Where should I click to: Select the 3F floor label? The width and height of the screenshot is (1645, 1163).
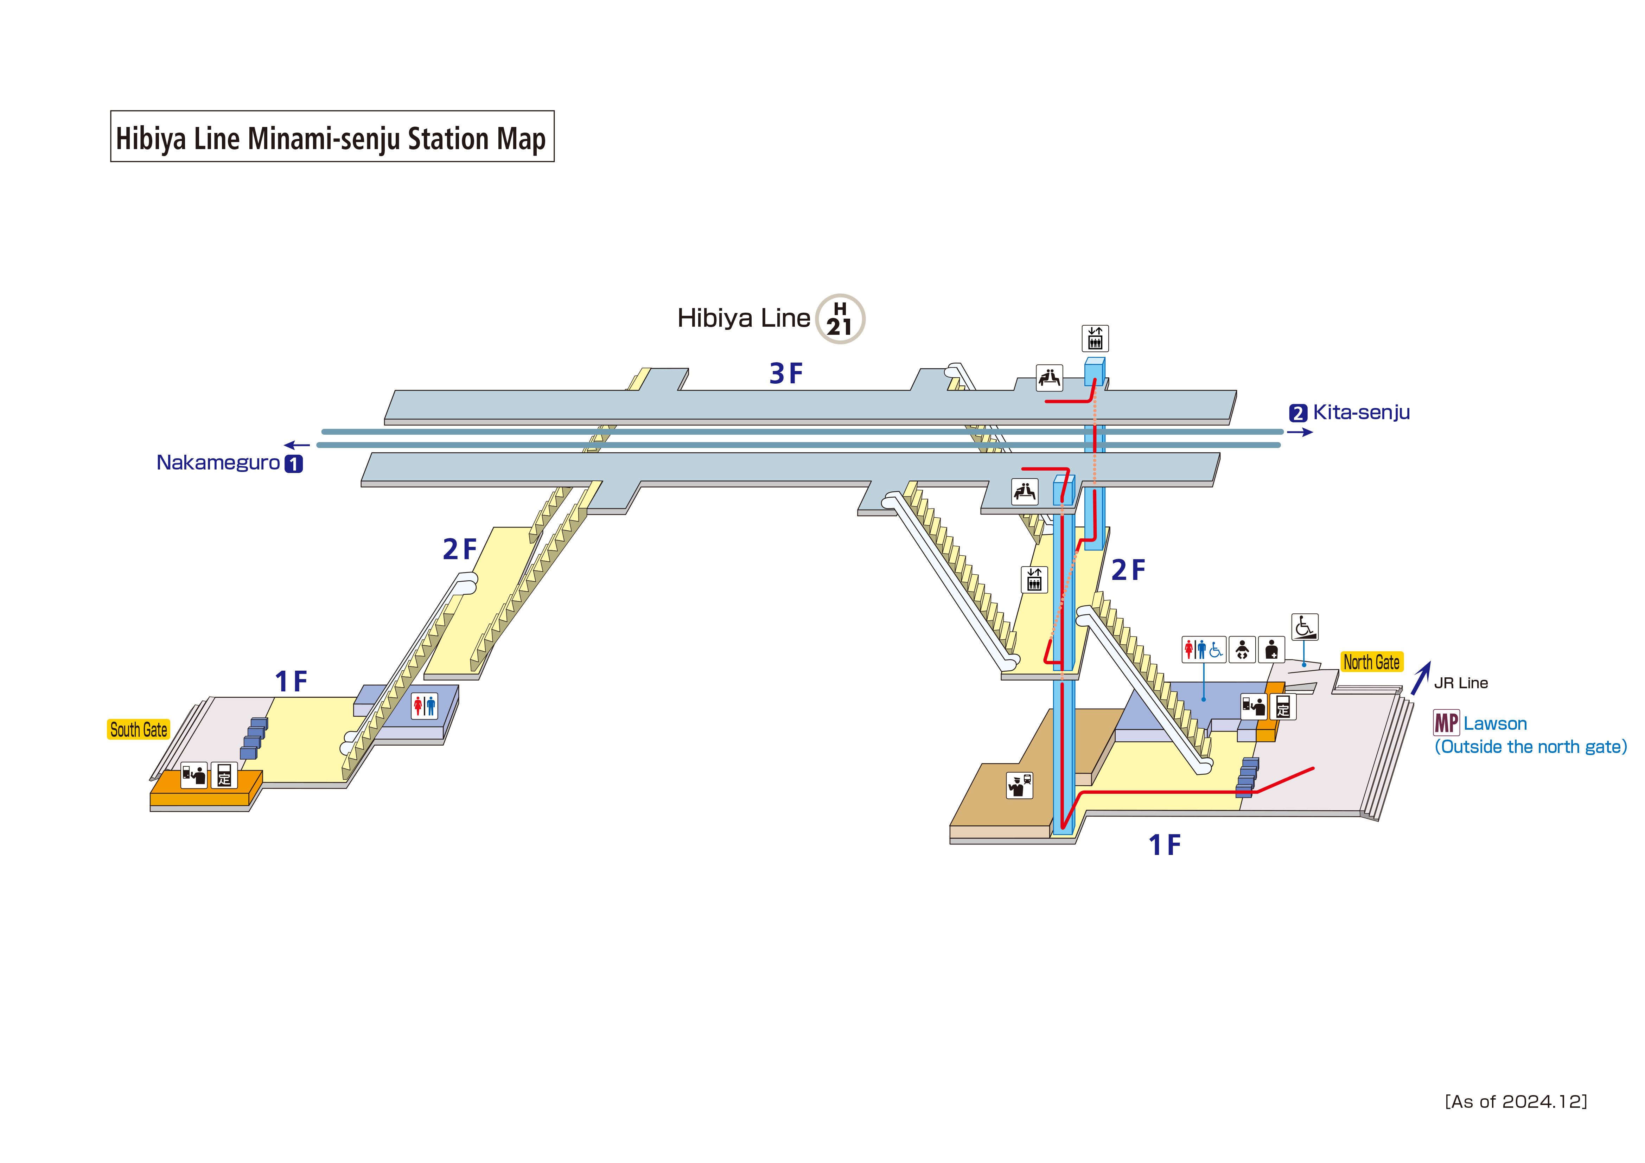pyautogui.click(x=786, y=373)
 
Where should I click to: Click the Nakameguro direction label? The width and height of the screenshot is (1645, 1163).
pyautogui.click(x=218, y=463)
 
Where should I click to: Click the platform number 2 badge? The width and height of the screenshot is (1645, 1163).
pyautogui.click(x=1297, y=414)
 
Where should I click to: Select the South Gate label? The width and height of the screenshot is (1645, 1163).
pyautogui.click(x=138, y=729)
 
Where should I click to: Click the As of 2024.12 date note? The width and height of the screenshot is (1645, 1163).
pyautogui.click(x=1515, y=1101)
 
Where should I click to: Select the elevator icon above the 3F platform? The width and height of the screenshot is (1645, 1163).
pyautogui.click(x=1095, y=338)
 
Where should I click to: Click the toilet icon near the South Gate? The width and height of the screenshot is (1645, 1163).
pyautogui.click(x=424, y=706)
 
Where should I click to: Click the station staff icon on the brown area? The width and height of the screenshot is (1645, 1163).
pyautogui.click(x=1019, y=785)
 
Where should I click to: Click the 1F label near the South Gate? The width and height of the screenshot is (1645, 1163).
pyautogui.click(x=291, y=682)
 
